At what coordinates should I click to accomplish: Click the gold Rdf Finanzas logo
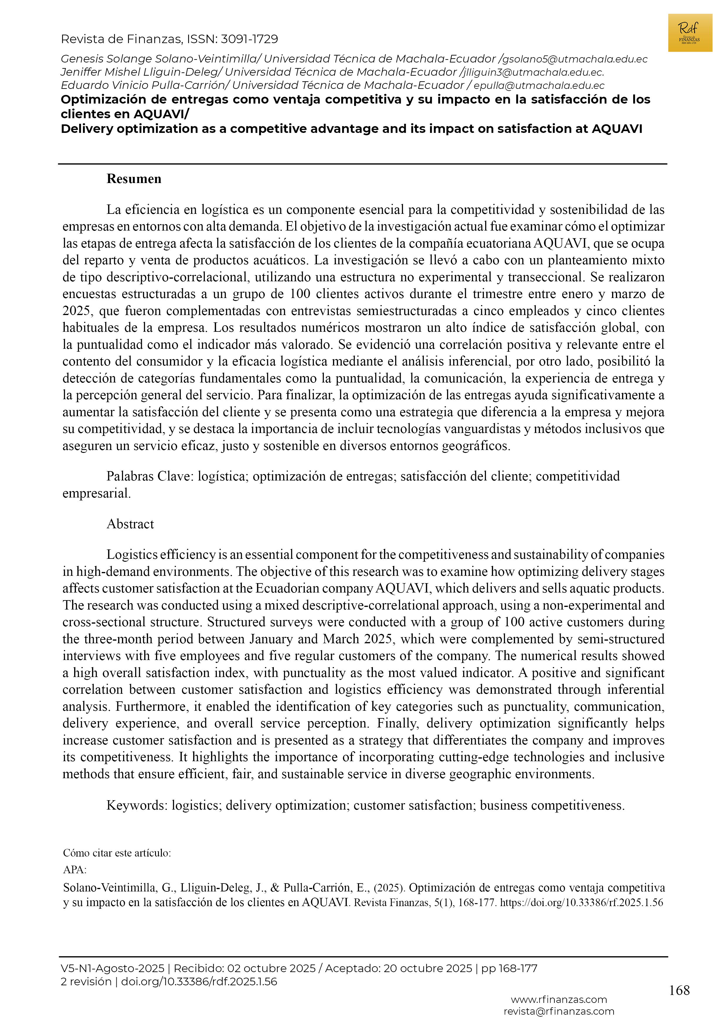[689, 33]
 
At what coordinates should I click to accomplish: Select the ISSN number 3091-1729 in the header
[249, 39]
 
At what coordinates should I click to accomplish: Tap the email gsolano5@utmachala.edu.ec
[574, 59]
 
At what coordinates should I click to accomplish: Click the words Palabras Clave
[150, 476]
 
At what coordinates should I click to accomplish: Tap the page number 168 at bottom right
[679, 991]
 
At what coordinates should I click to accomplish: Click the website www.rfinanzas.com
[558, 1000]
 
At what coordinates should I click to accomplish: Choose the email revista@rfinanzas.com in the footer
[558, 1011]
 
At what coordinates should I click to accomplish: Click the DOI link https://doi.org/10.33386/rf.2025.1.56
[581, 903]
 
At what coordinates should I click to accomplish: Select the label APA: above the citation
[74, 870]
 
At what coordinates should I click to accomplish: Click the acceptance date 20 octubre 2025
[427, 969]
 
